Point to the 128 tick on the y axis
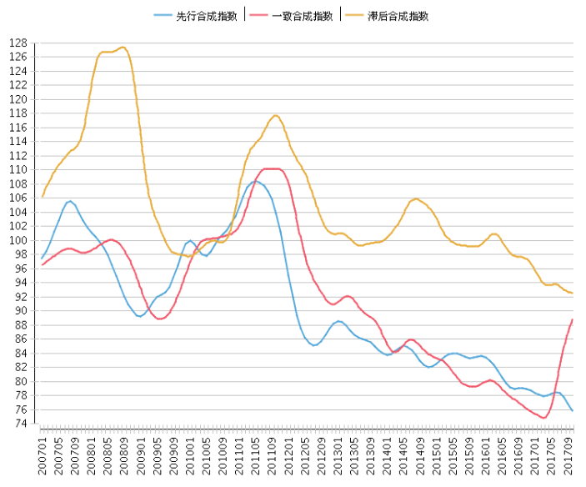[x=19, y=43]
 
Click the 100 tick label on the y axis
[x=19, y=240]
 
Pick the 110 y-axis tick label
[x=19, y=169]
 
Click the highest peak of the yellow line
[x=123, y=47]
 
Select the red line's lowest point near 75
[x=543, y=417]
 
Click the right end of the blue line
[x=572, y=410]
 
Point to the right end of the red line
[x=572, y=319]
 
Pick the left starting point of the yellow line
[x=43, y=196]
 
